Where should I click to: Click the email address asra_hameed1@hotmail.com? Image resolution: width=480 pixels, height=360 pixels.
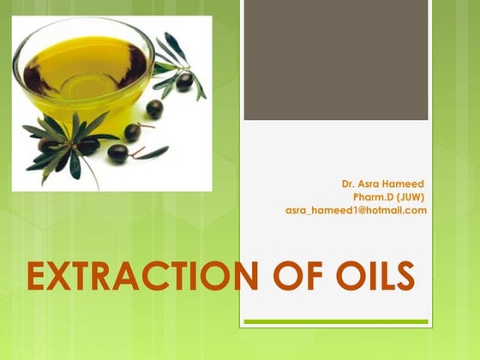[x=356, y=210]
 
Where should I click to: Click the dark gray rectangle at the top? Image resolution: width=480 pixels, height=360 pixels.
[x=336, y=60]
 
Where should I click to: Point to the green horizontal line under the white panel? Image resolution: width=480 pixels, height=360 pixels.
[x=336, y=322]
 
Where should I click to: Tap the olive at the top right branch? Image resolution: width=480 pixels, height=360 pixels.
[x=184, y=81]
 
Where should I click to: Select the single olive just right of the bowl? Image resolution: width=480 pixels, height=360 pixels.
[x=154, y=109]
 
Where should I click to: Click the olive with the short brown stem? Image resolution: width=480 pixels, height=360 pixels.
[x=133, y=132]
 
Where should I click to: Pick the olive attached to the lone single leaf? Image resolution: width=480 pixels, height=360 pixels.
[x=118, y=153]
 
